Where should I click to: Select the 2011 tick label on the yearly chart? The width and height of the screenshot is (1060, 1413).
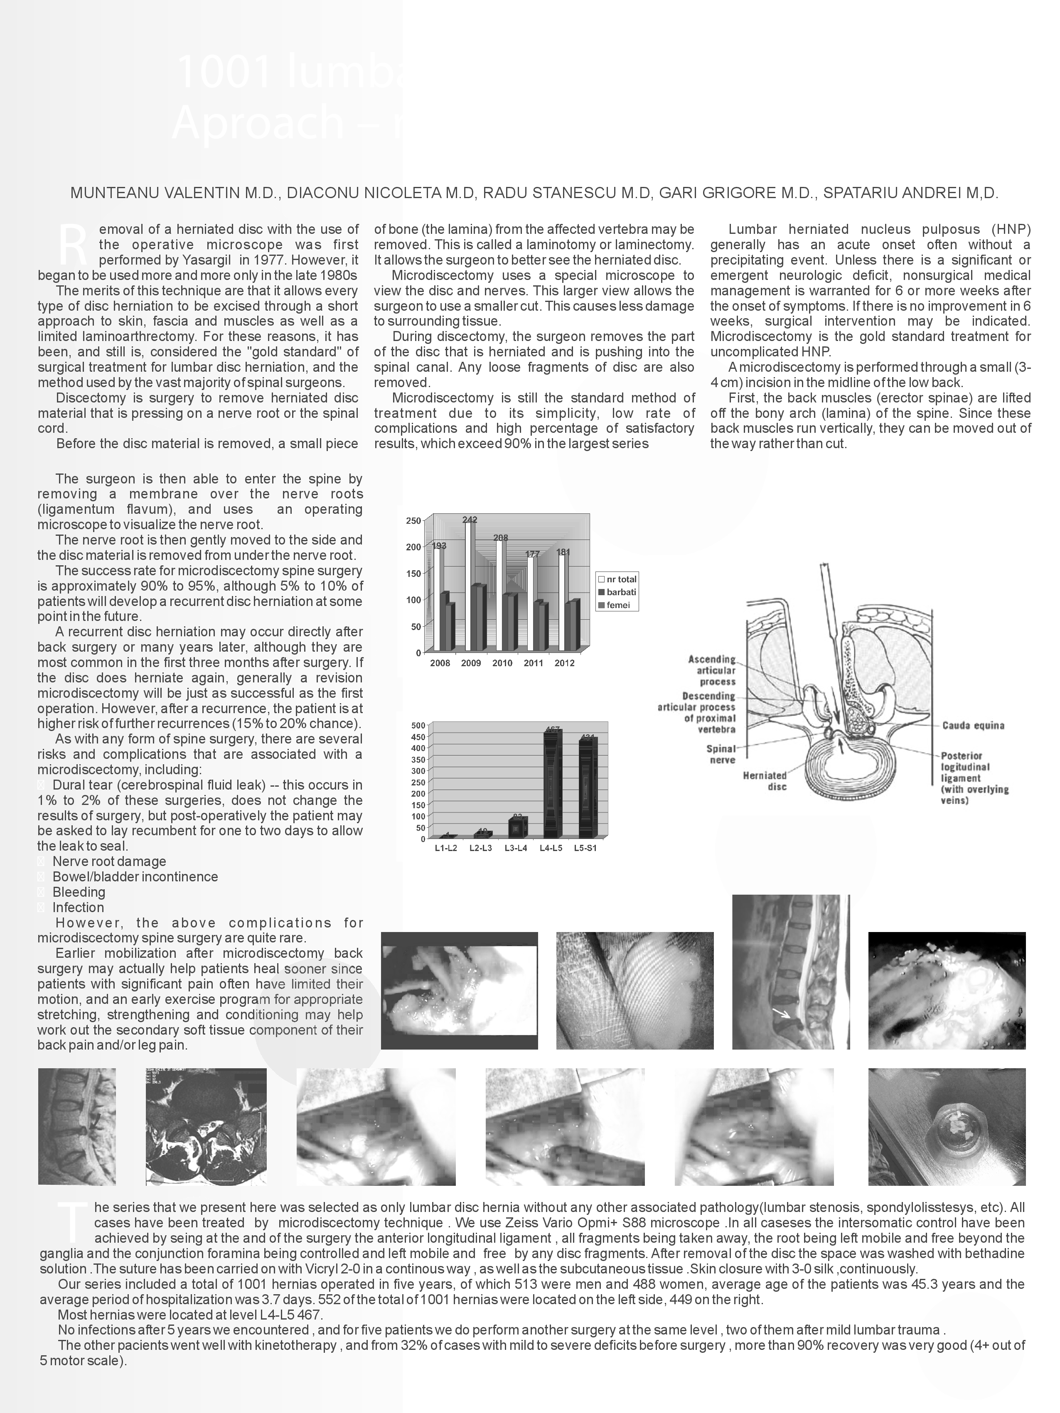(534, 663)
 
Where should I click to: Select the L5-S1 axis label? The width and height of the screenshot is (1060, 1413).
(585, 848)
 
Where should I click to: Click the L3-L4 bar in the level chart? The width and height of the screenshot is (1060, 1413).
(516, 828)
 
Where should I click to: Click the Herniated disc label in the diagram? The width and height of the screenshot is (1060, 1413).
(765, 780)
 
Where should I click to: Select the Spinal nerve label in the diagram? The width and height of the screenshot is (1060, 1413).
(721, 754)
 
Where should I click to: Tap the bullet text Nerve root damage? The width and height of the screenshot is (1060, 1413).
(109, 862)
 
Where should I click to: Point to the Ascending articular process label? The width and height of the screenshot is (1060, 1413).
(712, 670)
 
